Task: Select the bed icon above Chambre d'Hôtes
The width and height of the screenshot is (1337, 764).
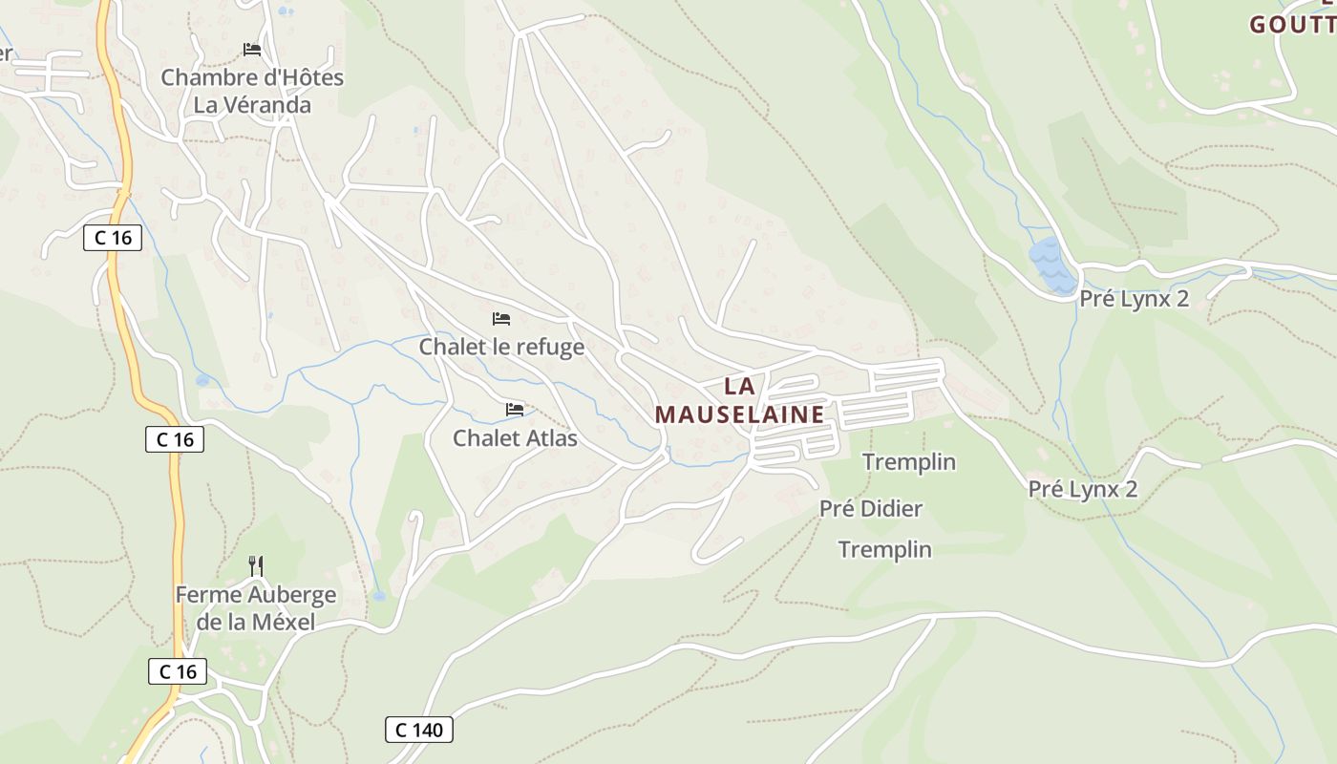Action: coord(252,50)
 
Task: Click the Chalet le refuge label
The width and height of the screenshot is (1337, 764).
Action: coord(501,347)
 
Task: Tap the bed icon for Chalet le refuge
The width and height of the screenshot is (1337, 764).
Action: coord(501,318)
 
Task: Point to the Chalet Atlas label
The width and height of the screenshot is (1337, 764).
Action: coord(515,438)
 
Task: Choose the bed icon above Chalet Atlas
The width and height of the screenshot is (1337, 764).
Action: coord(515,410)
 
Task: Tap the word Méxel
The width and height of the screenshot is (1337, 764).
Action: coord(283,624)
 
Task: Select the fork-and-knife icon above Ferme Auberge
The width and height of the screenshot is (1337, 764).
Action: coord(255,566)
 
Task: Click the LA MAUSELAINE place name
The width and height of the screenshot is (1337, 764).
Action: coord(740,400)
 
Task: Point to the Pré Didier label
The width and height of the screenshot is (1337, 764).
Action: coord(871,508)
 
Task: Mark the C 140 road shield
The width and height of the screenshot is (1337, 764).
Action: coord(419,731)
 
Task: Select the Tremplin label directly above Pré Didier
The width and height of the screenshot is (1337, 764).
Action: coord(909,462)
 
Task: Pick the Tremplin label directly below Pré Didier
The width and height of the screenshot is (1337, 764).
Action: coord(885,549)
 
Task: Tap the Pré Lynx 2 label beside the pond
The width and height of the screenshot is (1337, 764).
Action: coord(1134,299)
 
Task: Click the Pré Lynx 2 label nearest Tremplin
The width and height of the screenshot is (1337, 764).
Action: coord(1083,489)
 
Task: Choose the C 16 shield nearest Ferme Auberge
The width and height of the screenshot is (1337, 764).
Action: coord(179,671)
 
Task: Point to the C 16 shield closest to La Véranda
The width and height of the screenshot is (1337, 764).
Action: coord(114,238)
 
